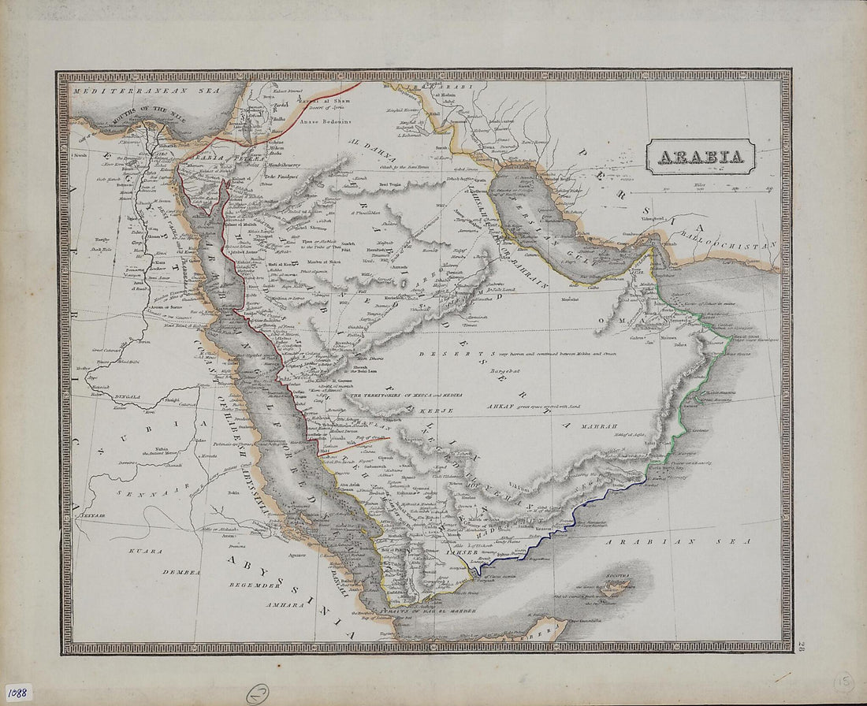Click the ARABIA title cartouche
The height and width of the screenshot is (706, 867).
coord(701,157)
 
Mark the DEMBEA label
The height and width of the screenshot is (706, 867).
coord(181,572)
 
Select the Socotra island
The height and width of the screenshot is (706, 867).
coord(616,587)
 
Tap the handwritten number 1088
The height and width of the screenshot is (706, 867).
coord(17,692)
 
